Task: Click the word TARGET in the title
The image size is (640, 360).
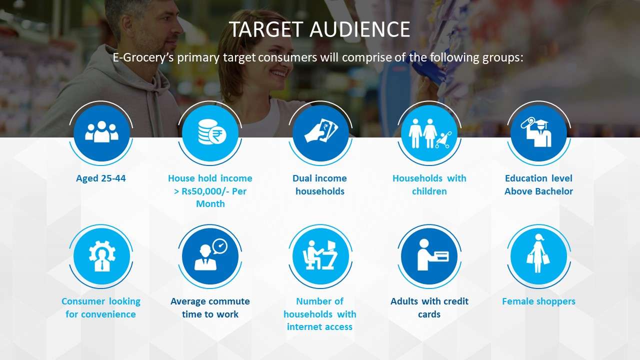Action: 265,29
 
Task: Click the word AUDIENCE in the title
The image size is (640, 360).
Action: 359,29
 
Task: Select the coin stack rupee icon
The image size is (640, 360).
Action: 211,132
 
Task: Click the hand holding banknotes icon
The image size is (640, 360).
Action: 321,130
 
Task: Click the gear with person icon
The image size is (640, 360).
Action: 102,255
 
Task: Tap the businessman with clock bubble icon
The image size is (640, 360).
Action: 210,254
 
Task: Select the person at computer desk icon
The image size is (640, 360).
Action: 319,255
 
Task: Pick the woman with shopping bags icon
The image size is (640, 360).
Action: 538,253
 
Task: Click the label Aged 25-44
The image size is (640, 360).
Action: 101,178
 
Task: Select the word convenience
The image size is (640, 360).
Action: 108,314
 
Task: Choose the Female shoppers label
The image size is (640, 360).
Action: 538,301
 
